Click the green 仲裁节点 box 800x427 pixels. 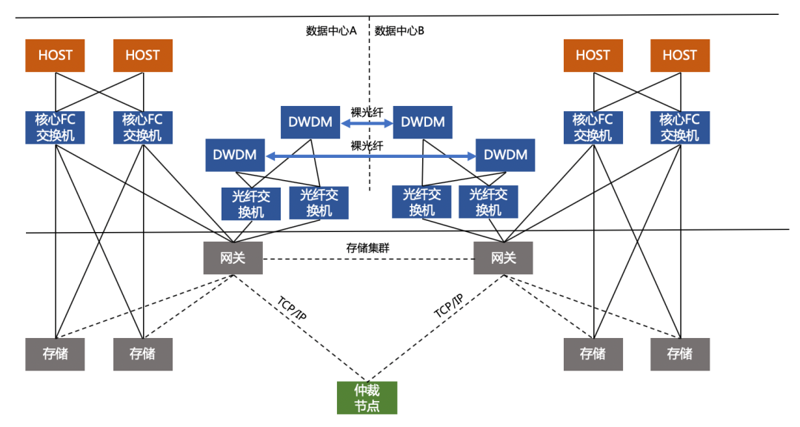(367, 397)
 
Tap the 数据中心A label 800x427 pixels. (332, 31)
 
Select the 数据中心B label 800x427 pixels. (399, 31)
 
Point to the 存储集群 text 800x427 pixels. (367, 248)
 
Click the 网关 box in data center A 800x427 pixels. (234, 258)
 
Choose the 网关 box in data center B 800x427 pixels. (504, 258)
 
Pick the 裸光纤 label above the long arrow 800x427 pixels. (367, 145)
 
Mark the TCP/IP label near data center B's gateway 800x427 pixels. (448, 306)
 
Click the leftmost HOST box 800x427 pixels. (56, 56)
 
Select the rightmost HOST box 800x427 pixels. (679, 56)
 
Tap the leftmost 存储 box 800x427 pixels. (56, 354)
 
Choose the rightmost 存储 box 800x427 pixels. (679, 354)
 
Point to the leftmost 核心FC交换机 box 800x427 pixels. (56, 127)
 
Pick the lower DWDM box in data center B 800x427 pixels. (505, 155)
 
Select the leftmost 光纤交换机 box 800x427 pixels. (251, 202)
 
